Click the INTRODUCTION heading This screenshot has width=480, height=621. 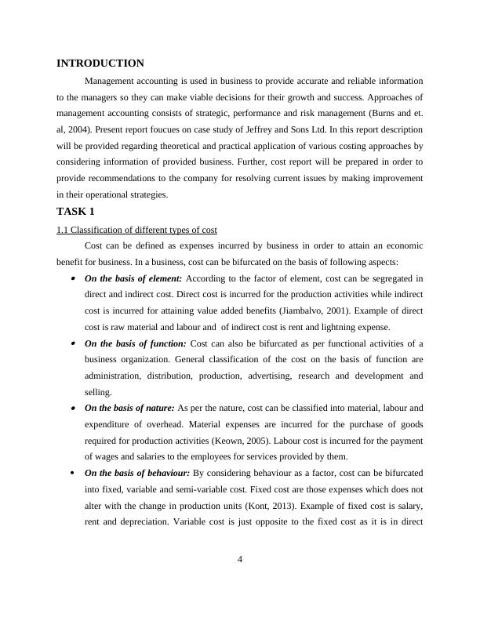click(100, 64)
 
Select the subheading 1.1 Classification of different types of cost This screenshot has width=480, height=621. click(136, 229)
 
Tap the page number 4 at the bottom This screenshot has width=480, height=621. click(240, 559)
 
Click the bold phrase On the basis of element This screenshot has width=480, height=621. click(133, 278)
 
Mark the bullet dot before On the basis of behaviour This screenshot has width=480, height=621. click(73, 473)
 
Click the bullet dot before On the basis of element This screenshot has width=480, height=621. click(73, 278)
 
